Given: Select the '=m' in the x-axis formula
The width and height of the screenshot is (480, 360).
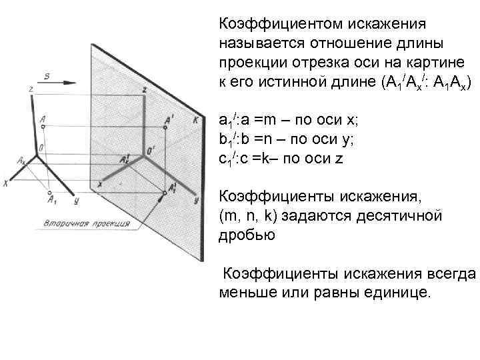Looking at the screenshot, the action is click(271, 121).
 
